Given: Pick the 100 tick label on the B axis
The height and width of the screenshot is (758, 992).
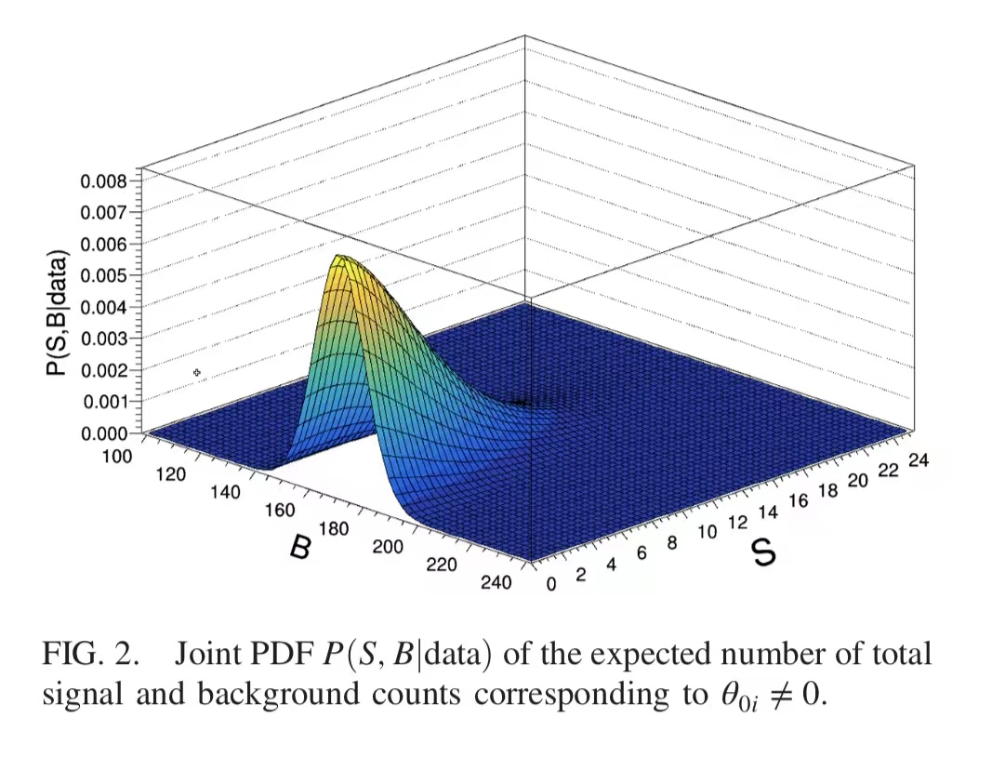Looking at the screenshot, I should coord(118,456).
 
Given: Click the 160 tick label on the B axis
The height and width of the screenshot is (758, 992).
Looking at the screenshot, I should coord(280,510).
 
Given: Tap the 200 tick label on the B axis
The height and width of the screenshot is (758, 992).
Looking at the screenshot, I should coord(388,546).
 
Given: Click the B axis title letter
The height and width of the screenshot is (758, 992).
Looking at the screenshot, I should coord(300,547).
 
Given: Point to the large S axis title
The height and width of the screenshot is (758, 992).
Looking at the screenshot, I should coord(763,552).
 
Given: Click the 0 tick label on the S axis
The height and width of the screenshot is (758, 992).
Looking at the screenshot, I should coord(550,584).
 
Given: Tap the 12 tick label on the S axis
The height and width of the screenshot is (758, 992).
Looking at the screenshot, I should coord(736,522).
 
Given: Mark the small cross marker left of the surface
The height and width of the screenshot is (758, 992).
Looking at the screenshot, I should coord(197,373).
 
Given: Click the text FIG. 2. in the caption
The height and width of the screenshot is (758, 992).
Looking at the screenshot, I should coord(89,654).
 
